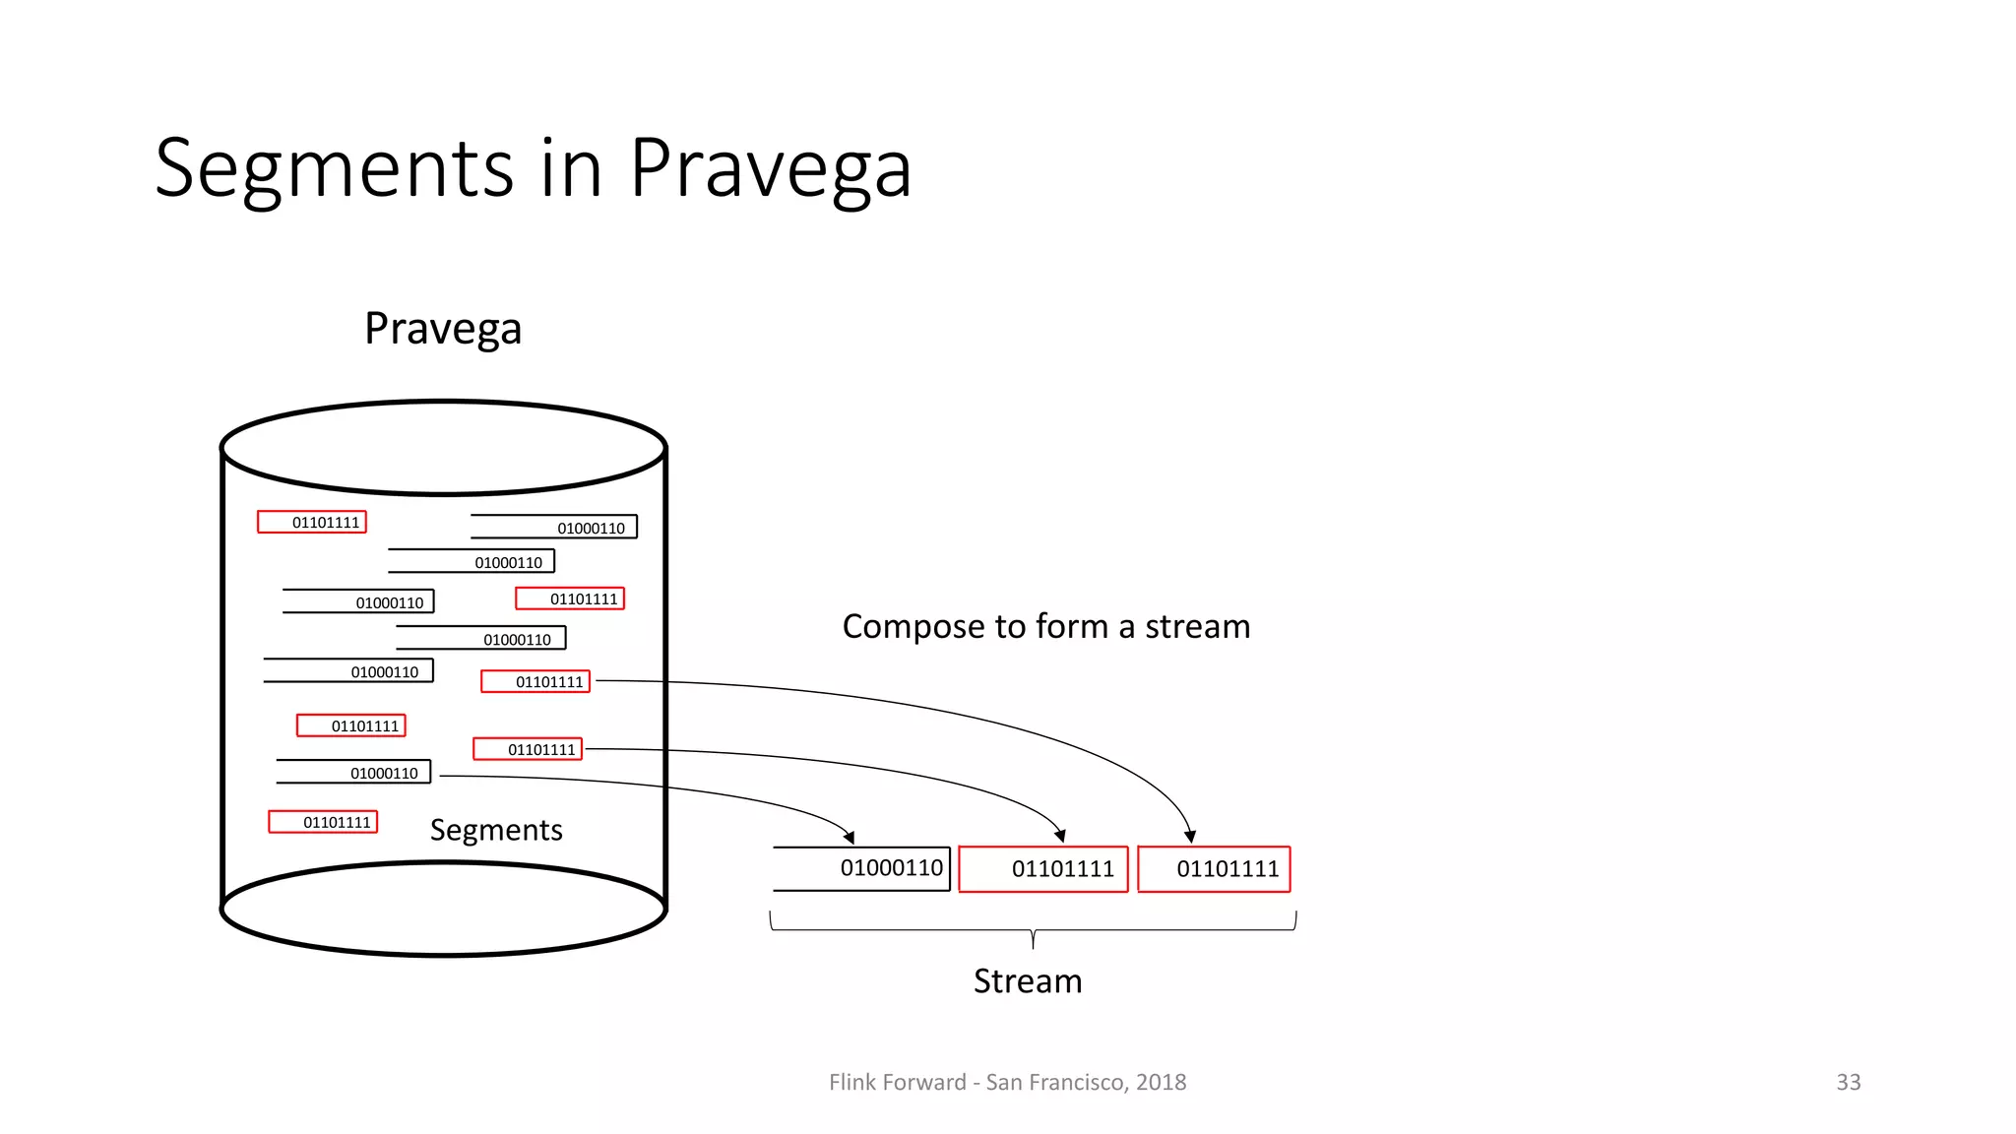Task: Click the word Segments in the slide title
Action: click(335, 169)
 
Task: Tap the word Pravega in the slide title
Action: click(770, 169)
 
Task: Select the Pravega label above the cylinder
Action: click(443, 329)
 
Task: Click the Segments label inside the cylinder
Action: click(496, 831)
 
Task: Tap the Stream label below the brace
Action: click(1028, 981)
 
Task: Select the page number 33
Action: click(1848, 1083)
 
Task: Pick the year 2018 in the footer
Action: click(1162, 1083)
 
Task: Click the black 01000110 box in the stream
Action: click(862, 868)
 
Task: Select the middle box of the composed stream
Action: click(1043, 869)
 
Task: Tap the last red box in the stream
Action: click(1214, 869)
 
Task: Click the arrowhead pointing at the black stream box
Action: click(849, 837)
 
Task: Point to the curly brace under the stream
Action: click(1033, 929)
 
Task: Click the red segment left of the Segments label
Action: click(323, 822)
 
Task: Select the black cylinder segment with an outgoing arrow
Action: click(354, 773)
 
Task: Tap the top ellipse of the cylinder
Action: click(444, 448)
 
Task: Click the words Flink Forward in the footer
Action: click(897, 1083)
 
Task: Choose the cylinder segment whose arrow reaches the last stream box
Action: click(535, 681)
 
